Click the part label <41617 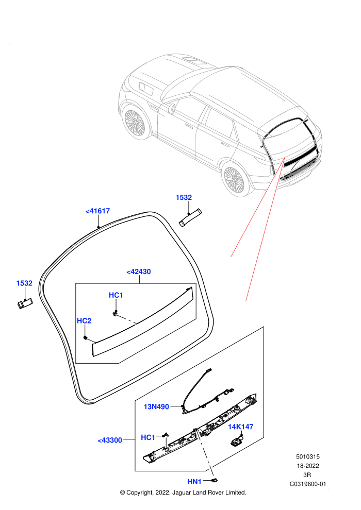coord(97,211)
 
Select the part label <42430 coord(139,272)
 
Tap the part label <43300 coord(110,440)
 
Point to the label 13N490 coord(156,406)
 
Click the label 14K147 coord(240,427)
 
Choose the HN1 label coord(194,482)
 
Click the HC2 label coord(84,321)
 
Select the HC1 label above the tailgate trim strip coord(116,295)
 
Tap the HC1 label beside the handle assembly coord(148,437)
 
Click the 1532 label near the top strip coord(184,197)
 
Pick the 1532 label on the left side coord(24,283)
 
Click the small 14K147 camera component coord(236,441)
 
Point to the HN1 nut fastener coord(215,480)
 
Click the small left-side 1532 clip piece coord(25,303)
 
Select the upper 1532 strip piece coord(190,217)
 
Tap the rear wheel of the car coord(234,180)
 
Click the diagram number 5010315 coord(307,456)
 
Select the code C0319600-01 coord(307,484)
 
